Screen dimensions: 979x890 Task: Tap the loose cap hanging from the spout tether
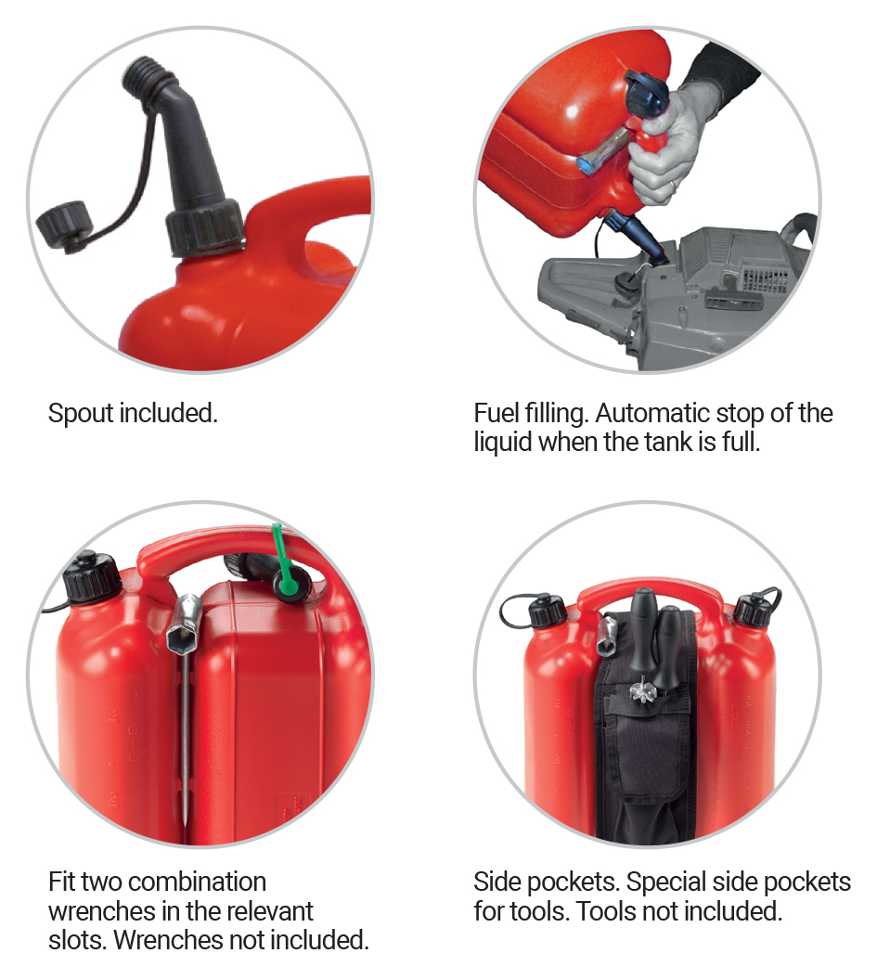(63, 225)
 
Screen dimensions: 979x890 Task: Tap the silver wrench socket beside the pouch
(608, 635)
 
